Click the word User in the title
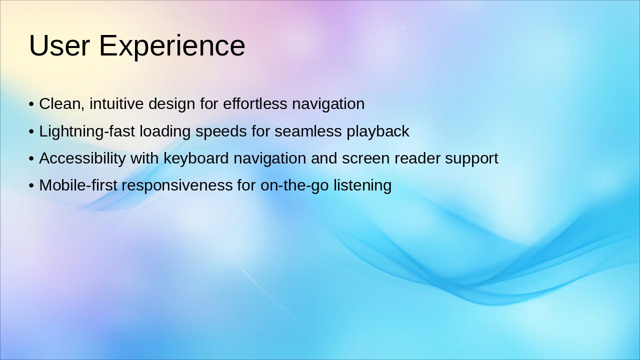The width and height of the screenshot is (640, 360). (59, 45)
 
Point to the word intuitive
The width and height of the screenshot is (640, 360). (116, 103)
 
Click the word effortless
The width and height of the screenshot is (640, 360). (255, 103)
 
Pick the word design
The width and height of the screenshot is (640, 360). (171, 104)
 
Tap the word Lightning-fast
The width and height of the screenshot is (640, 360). (87, 132)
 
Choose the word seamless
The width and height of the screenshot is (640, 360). (308, 131)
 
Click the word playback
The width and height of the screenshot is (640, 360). (378, 132)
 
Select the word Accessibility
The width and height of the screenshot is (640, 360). (82, 159)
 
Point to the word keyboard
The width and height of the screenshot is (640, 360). (196, 159)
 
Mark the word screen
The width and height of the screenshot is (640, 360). (365, 159)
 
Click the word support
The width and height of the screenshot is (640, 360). (471, 159)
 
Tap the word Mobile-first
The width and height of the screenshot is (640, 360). (78, 185)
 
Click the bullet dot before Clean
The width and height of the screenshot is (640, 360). (31, 104)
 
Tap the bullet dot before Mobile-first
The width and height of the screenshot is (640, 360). (31, 185)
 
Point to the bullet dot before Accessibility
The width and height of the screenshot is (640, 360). (31, 159)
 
